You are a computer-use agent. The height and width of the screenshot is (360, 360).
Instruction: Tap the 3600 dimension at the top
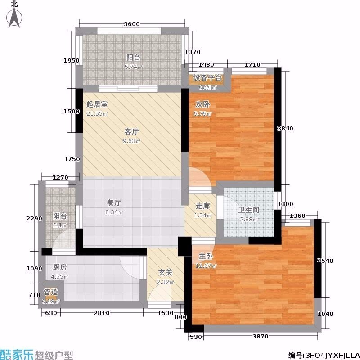[x=132, y=24]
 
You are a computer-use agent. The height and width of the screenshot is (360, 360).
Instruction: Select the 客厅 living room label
[x=132, y=132]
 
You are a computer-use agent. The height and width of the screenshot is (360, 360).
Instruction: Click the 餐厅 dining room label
[x=114, y=203]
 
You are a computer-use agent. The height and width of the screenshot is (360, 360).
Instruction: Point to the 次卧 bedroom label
[x=203, y=104]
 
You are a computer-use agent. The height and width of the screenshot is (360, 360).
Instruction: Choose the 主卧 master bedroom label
[x=206, y=256]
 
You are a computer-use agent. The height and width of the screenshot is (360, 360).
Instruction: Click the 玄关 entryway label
[x=165, y=273]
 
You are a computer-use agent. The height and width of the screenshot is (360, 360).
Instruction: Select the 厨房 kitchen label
[x=60, y=267]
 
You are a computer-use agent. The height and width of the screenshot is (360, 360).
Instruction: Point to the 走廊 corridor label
[x=203, y=206]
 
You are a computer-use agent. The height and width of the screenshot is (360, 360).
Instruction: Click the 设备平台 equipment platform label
[x=207, y=78]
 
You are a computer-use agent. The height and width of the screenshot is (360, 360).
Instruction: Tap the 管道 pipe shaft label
[x=51, y=292]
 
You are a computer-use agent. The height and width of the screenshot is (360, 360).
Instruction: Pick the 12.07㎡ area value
[x=206, y=266]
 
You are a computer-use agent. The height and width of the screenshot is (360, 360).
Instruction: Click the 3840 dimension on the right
[x=285, y=129]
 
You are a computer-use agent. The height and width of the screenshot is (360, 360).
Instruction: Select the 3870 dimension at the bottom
[x=261, y=337]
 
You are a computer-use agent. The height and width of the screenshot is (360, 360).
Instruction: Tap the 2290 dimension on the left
[x=34, y=219]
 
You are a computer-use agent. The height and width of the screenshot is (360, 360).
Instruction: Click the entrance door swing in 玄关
[x=159, y=293]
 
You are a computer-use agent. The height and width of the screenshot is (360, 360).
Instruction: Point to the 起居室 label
[x=97, y=104]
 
